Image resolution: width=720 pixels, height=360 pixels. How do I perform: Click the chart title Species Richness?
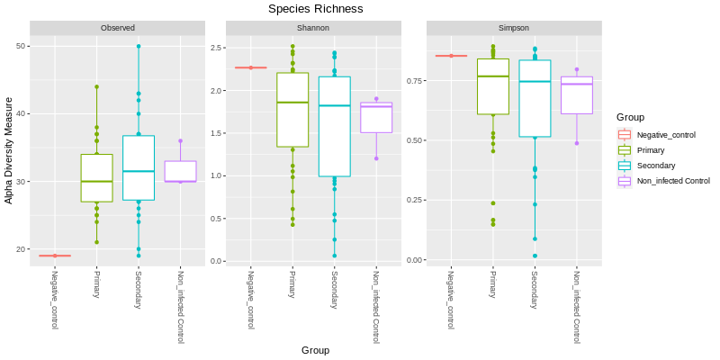315,9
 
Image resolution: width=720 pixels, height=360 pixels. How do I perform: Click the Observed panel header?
118,28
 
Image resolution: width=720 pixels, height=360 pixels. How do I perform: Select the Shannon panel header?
314,28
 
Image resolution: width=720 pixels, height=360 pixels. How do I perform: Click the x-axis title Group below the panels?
315,350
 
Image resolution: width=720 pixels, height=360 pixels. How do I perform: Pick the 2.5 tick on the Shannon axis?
217,47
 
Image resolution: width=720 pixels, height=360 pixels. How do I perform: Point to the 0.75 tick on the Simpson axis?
413,81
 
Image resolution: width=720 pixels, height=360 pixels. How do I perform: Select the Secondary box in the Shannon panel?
335,126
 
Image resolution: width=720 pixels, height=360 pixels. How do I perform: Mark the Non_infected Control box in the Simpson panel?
576,94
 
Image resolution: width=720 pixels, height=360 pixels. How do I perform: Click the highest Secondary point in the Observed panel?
139,46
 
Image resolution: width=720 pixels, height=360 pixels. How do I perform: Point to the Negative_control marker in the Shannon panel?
251,67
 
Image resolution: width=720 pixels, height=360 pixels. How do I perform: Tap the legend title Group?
629,117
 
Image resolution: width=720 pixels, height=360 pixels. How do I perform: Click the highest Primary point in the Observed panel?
96,87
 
